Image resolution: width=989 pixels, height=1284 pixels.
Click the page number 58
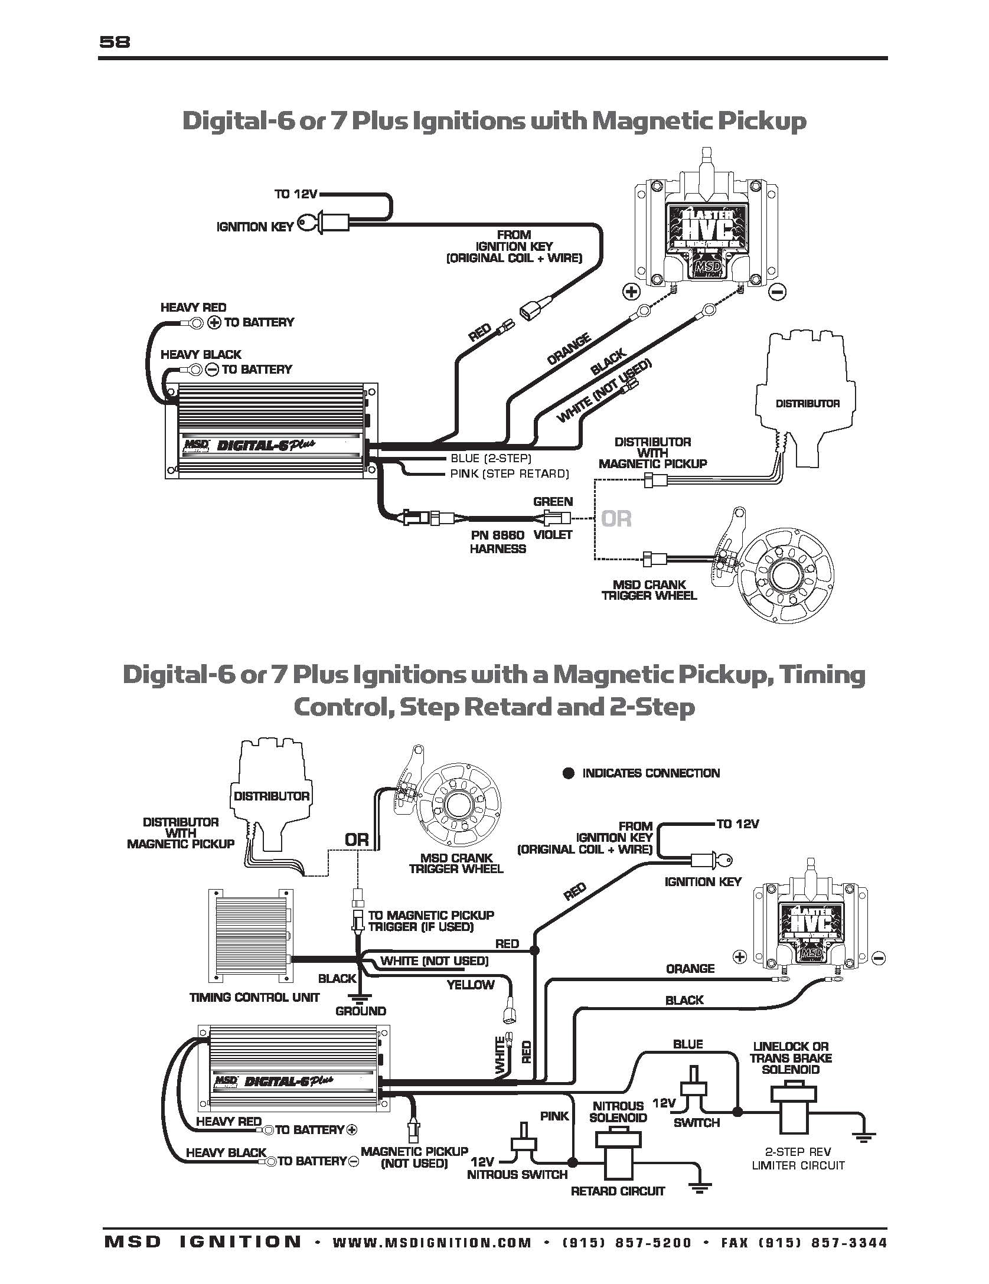[x=115, y=42]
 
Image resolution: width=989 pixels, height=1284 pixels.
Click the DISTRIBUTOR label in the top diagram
[x=807, y=404]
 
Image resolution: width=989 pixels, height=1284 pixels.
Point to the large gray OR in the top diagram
[x=616, y=519]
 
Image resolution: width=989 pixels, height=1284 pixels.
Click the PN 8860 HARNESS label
[x=498, y=541]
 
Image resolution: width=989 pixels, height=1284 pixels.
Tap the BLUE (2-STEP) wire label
[x=491, y=458]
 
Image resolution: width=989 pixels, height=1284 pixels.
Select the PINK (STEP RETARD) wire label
[x=509, y=473]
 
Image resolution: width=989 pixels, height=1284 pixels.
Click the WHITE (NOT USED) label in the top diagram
[x=604, y=391]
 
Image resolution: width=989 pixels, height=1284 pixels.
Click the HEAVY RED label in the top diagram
[x=193, y=308]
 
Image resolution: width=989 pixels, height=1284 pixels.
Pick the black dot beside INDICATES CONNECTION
[x=568, y=773]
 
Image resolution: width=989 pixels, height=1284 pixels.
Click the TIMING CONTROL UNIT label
[x=254, y=997]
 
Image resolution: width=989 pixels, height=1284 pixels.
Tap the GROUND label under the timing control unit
[x=360, y=1011]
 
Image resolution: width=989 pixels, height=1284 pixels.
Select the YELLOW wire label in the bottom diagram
[x=470, y=984]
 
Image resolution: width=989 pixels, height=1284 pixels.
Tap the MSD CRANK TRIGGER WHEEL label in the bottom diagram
[x=456, y=863]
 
